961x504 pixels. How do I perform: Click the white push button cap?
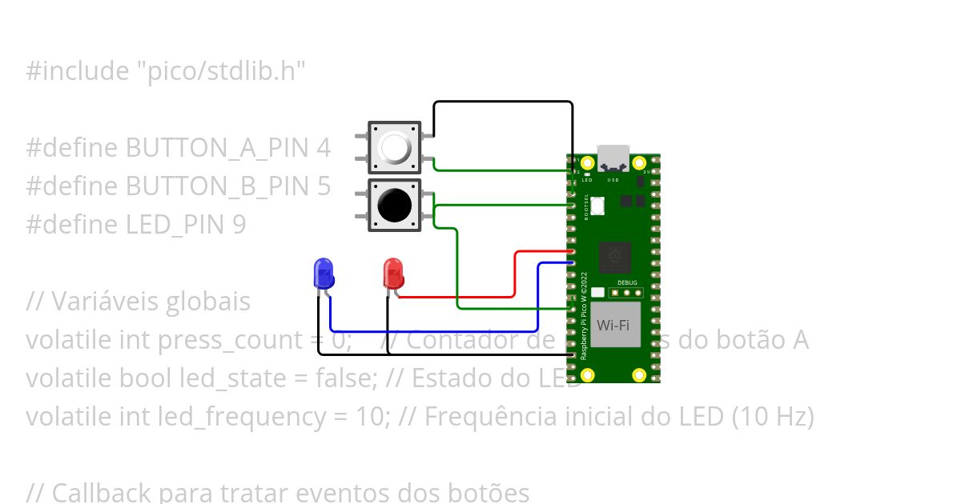click(394, 147)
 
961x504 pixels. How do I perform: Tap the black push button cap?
click(394, 206)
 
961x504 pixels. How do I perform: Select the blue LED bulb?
click(323, 273)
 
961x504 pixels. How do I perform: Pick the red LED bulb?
click(393, 273)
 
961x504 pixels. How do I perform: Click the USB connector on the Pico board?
click(613, 158)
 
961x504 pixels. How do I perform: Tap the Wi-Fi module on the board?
click(613, 325)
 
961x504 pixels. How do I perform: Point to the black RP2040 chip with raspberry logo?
click(613, 258)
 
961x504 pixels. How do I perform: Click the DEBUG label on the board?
click(628, 283)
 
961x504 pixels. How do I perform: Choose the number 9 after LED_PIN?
click(239, 225)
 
